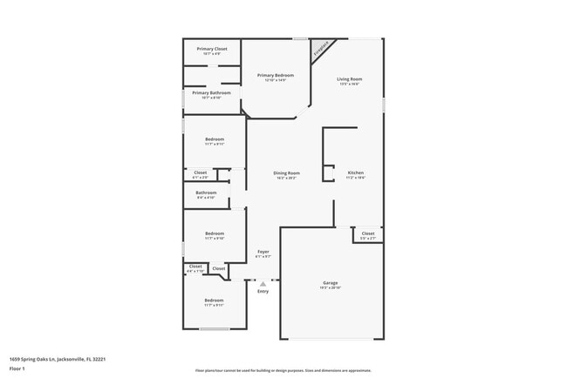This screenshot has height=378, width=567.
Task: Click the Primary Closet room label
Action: [x=211, y=49]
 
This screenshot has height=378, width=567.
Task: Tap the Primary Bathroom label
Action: [x=211, y=92]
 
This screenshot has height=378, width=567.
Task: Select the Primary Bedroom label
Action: [x=275, y=76]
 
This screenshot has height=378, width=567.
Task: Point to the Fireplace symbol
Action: [x=321, y=48]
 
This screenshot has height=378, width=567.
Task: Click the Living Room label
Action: [x=350, y=79]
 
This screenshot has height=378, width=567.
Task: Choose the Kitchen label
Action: [x=356, y=173]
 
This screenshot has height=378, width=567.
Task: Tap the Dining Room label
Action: [x=287, y=173]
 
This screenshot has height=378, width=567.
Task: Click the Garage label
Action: [x=331, y=283]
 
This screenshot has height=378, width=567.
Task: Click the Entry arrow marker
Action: [x=263, y=283]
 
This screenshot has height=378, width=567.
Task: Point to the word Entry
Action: [x=263, y=291]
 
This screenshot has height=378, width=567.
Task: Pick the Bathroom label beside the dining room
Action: [x=206, y=192]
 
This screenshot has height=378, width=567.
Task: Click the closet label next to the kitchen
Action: [x=367, y=233]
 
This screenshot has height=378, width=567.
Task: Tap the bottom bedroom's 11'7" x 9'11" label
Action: [x=215, y=306]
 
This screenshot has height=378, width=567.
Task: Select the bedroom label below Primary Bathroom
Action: [x=215, y=139]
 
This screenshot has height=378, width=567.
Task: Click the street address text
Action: [x=57, y=357]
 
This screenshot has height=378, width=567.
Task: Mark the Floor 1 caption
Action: [x=17, y=368]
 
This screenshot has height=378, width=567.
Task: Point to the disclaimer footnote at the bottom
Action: [x=283, y=370]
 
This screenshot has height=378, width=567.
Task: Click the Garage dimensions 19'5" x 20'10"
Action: [x=331, y=288]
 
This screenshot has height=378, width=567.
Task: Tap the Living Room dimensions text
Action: [x=350, y=84]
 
